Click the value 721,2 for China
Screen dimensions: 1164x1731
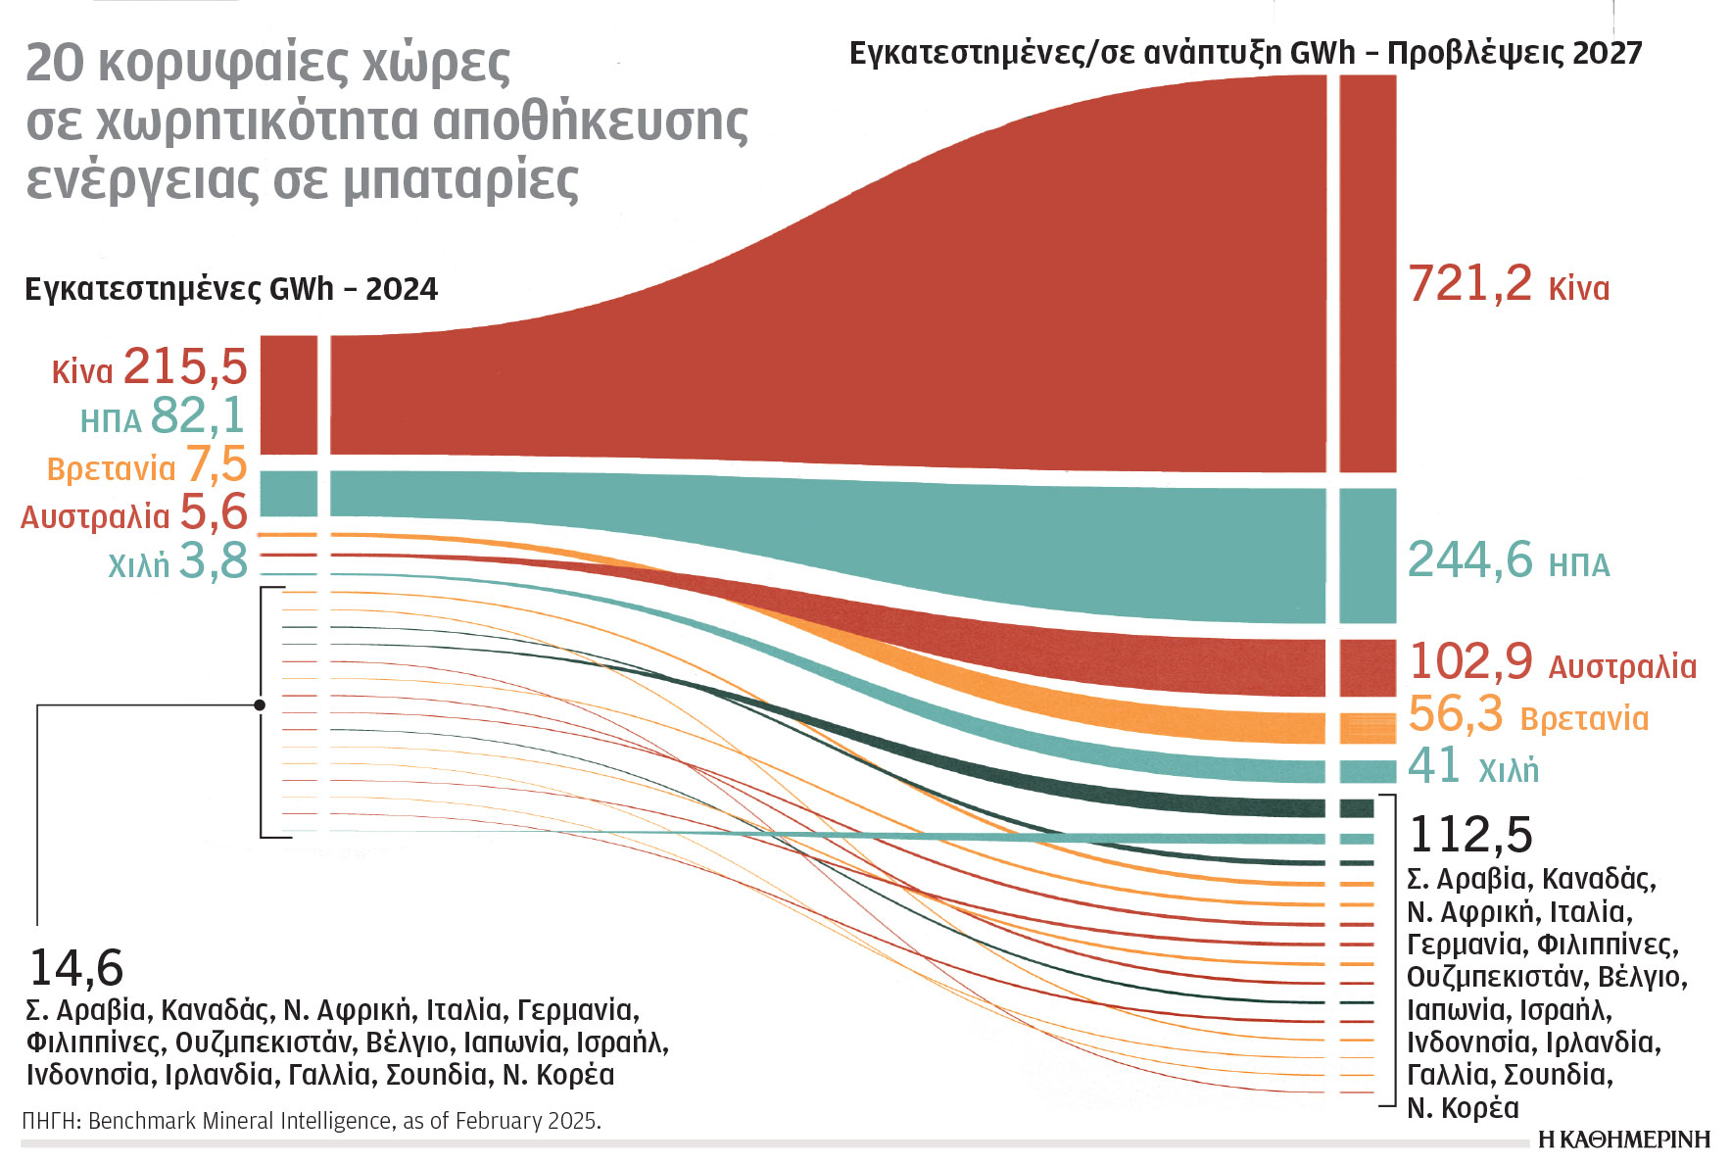click(x=1468, y=284)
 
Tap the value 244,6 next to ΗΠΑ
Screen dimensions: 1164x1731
click(x=1468, y=560)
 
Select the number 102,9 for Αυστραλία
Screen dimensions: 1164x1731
click(x=1469, y=661)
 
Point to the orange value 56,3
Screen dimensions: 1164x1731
click(x=1455, y=714)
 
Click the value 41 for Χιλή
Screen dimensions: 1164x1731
click(x=1433, y=766)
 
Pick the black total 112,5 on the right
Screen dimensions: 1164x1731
click(x=1469, y=836)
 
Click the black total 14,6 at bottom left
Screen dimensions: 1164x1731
click(x=76, y=968)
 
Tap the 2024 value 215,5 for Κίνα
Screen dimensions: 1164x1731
click(x=185, y=367)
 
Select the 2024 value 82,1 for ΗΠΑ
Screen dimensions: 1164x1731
click(x=198, y=416)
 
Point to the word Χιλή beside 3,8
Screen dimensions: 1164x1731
click(x=138, y=565)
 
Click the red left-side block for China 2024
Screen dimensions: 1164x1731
click(x=288, y=395)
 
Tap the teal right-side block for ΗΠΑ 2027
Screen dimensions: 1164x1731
click(x=1367, y=556)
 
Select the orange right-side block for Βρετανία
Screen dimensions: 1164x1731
click(x=1367, y=728)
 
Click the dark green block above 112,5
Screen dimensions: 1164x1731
click(x=1357, y=808)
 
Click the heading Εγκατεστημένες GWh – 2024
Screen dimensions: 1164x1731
click(x=231, y=290)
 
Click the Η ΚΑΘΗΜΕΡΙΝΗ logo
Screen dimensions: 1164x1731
click(x=1623, y=1140)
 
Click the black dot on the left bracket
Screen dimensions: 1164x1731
click(x=260, y=704)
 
